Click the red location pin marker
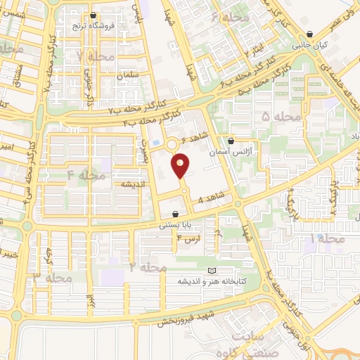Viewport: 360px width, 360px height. [x=181, y=167]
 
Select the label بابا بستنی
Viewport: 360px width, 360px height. [x=174, y=225]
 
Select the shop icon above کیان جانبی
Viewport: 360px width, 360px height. [x=310, y=33]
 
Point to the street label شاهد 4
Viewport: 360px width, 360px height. [x=212, y=198]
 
